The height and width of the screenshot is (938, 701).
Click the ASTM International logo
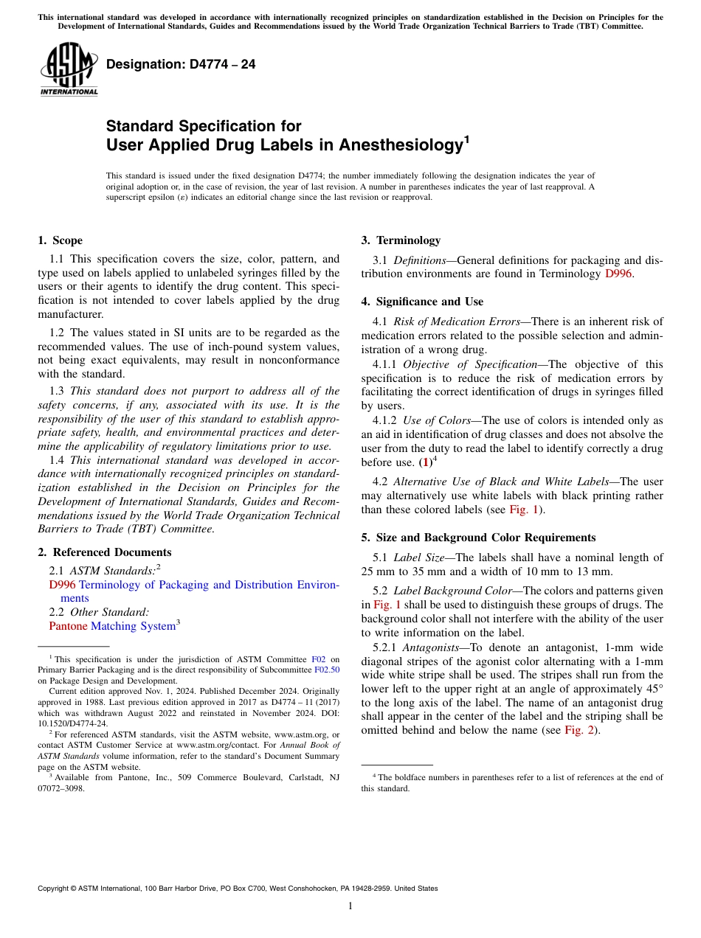coord(69,69)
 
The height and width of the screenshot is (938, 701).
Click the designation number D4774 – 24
coord(181,64)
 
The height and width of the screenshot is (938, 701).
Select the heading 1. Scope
coord(60,240)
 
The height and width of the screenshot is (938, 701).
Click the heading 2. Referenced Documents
coord(104,552)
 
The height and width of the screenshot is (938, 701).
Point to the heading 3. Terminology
coord(401,240)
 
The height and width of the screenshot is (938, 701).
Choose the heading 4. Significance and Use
coord(422,302)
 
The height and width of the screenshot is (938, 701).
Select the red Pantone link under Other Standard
coord(68,626)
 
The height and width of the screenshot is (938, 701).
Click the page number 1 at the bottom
coord(350,906)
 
